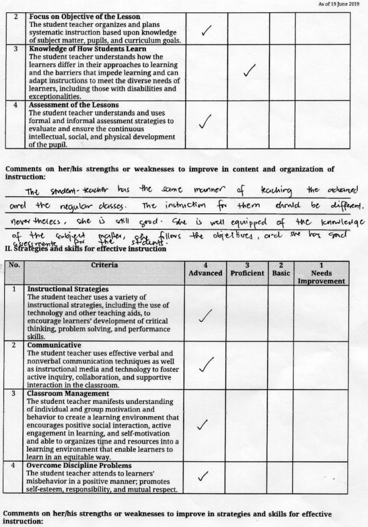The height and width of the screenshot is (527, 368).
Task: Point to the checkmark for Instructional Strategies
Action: (206, 315)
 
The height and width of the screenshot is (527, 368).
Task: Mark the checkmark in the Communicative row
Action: (206, 364)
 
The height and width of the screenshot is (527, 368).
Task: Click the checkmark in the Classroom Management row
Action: (203, 425)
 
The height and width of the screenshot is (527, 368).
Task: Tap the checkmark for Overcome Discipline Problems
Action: (204, 474)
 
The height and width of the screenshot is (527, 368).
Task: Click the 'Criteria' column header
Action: (104, 265)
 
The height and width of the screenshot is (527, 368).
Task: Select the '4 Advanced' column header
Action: (205, 269)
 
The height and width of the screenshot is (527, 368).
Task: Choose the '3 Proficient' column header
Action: (247, 269)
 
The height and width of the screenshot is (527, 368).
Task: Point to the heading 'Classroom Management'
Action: (60, 393)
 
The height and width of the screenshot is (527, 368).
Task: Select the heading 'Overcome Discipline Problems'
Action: (72, 466)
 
